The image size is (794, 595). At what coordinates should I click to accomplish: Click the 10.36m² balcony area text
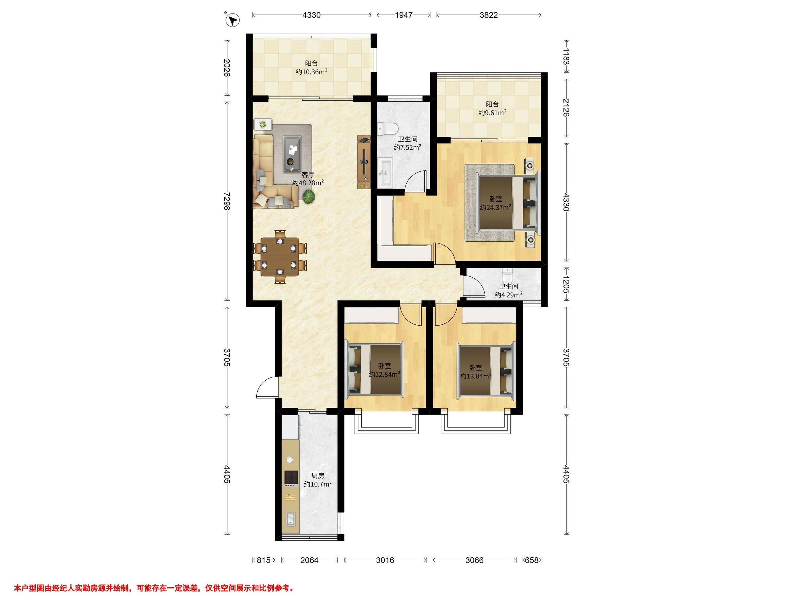[311, 72]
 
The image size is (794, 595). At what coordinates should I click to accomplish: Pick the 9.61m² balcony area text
[493, 113]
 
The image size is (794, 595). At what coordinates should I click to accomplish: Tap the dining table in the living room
[280, 257]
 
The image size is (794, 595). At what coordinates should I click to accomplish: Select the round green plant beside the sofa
[308, 197]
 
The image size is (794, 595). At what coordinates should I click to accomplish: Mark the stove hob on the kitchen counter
[291, 477]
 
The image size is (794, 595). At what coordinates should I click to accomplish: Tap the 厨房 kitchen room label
[318, 476]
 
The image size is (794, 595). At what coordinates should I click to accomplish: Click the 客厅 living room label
[308, 175]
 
